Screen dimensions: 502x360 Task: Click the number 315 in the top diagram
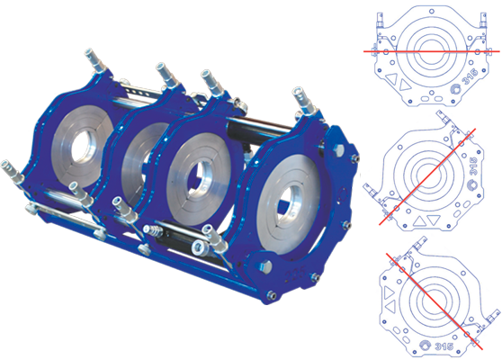pos(471,76)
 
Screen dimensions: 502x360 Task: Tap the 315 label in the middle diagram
pos(474,166)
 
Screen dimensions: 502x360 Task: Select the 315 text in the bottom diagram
pos(444,346)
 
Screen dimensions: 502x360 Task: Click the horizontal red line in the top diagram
pos(431,51)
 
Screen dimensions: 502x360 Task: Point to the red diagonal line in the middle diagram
pos(427,176)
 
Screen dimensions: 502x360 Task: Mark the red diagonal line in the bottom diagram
pos(435,301)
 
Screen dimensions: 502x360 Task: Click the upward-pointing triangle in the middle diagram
pos(417,221)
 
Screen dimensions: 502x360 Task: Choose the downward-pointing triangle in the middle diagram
pos(434,220)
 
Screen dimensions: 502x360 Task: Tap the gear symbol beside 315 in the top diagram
pos(455,89)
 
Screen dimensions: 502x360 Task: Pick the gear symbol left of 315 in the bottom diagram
pos(425,346)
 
